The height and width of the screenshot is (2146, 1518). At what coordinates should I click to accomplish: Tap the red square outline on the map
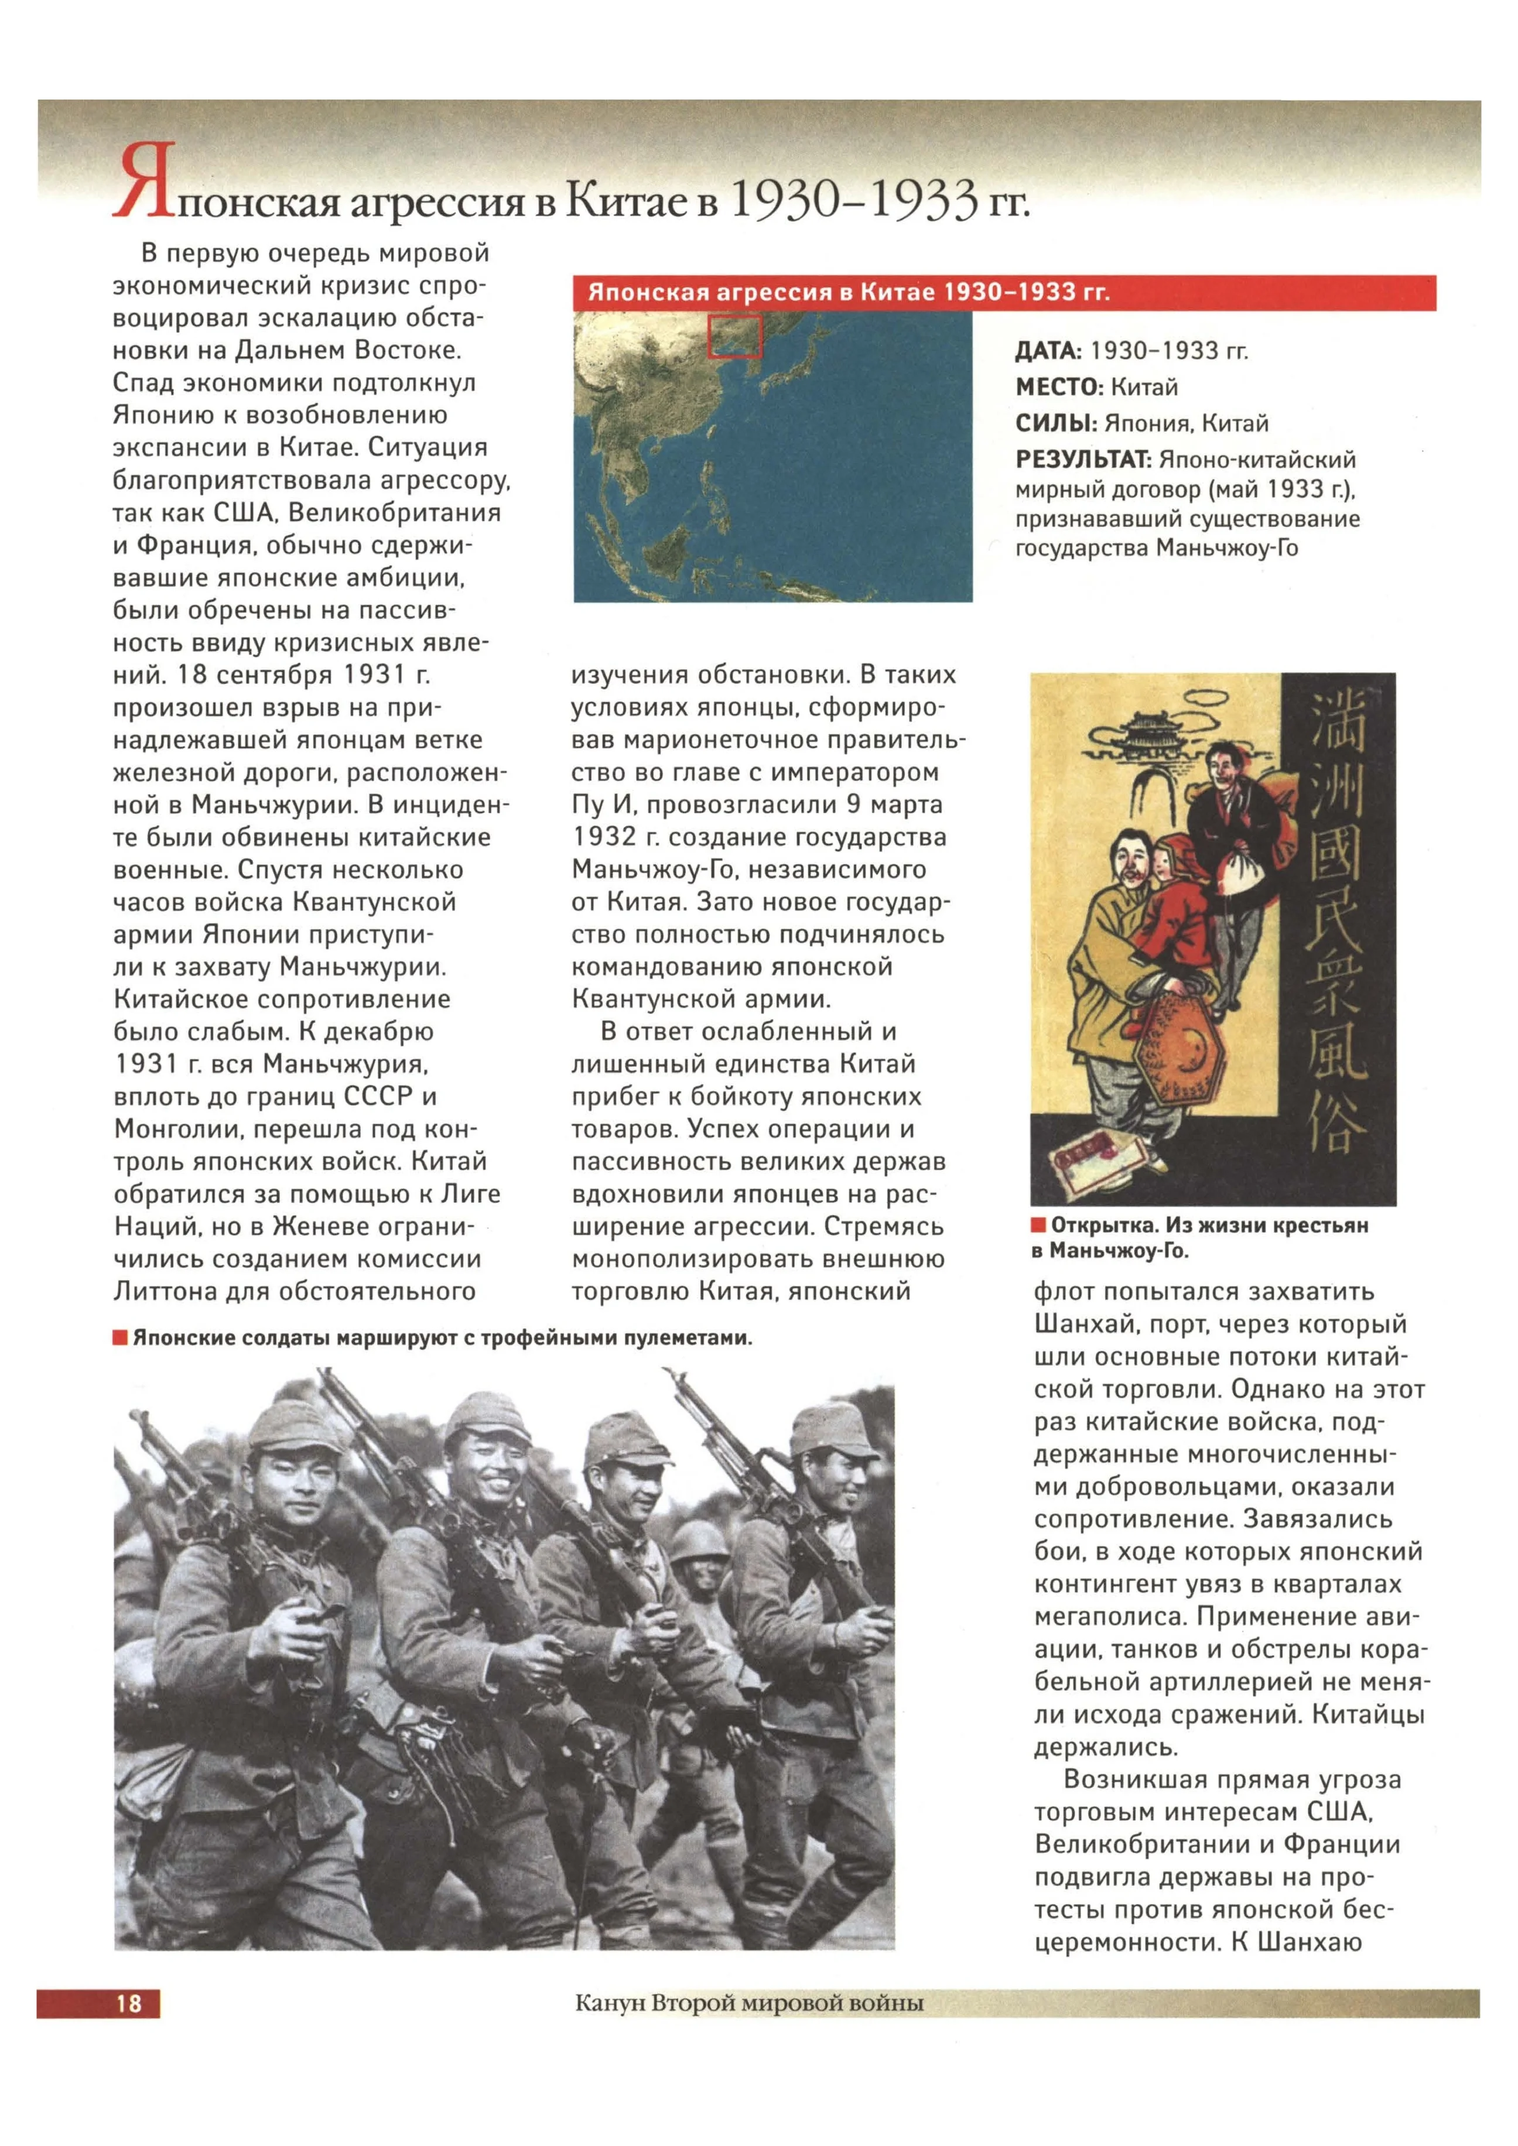[735, 337]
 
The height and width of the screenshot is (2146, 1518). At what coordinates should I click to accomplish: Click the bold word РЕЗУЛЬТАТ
[1082, 460]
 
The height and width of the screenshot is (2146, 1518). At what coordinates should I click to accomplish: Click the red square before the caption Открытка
[1038, 1224]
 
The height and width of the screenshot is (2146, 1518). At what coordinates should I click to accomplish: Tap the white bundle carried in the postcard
[1239, 874]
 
